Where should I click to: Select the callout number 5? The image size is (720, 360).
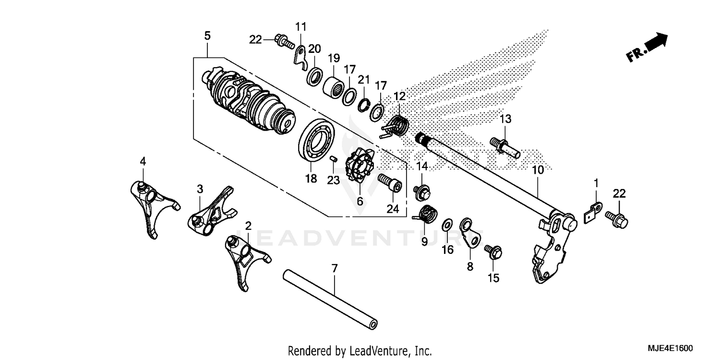[x=207, y=36]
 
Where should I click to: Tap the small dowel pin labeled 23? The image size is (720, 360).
[x=334, y=160]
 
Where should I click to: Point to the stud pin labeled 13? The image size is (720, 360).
[x=504, y=145]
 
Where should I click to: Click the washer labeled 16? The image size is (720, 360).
[x=447, y=224]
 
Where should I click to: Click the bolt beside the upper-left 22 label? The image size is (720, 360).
[x=284, y=42]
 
